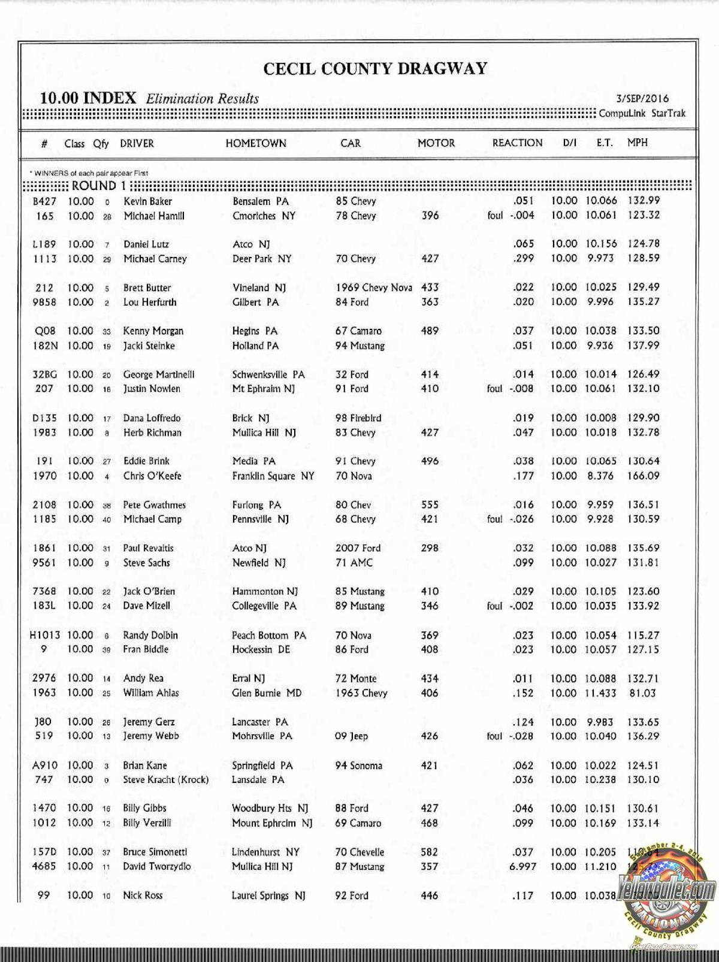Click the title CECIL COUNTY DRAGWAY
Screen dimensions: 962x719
[x=375, y=69]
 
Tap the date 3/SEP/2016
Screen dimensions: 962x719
[x=642, y=99]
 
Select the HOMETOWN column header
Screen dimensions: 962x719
[x=256, y=144]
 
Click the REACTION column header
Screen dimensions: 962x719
[x=517, y=143]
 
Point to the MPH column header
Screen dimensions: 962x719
[x=637, y=143]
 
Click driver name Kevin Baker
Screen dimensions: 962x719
[x=147, y=201]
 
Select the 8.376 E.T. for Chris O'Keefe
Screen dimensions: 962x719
[x=600, y=476]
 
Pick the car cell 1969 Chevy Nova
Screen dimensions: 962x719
[x=373, y=288]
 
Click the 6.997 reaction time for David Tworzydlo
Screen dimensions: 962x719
[x=522, y=866]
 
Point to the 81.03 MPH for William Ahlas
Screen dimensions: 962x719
[x=642, y=693]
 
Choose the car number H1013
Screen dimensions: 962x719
[x=45, y=635]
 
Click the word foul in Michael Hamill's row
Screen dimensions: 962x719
[x=495, y=216]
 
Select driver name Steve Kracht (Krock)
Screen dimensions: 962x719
[x=165, y=780]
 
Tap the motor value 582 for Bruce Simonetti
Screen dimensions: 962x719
[x=429, y=852]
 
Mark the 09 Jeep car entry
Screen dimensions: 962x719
[x=351, y=736]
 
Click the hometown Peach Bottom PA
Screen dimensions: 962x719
[x=268, y=635]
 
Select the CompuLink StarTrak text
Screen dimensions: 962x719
[x=642, y=113]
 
